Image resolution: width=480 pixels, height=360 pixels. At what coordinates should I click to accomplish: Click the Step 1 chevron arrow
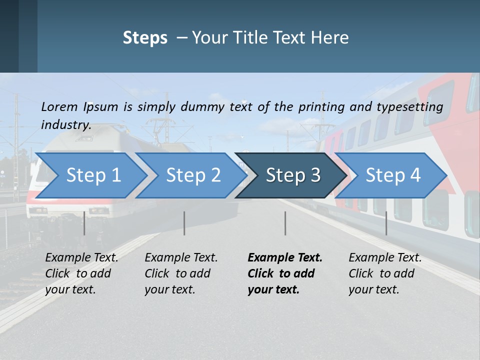pos(92,175)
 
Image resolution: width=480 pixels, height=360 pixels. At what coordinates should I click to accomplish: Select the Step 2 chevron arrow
pos(192,175)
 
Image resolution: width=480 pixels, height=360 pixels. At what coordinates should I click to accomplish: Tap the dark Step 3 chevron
pos(292,175)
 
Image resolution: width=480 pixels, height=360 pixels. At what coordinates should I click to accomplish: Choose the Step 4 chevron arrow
pos(393,175)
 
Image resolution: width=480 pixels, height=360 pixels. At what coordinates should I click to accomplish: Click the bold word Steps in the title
pos(145,38)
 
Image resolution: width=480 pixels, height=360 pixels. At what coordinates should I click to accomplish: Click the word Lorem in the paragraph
pos(59,106)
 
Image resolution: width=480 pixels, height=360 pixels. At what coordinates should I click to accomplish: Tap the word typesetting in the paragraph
pos(409,106)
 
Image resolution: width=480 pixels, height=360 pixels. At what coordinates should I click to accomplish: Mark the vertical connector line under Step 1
pos(84,223)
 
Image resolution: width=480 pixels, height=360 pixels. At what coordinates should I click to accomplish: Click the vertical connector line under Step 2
pos(184,223)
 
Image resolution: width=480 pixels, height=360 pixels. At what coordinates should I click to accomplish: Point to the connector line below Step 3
pos(285,223)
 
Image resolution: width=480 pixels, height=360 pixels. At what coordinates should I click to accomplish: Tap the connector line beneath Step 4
pos(386,223)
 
